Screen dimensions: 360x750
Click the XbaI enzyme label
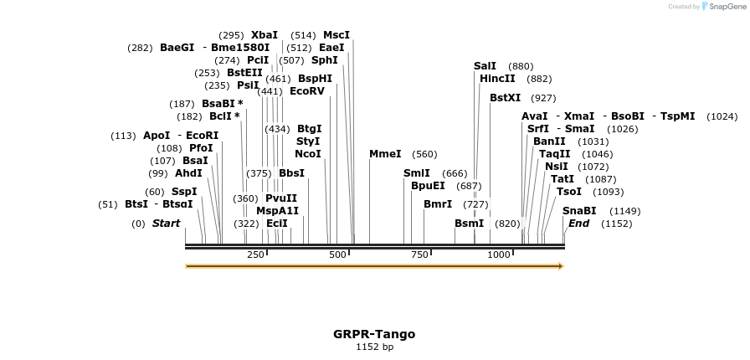pos(265,35)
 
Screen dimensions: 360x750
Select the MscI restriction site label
pos(336,35)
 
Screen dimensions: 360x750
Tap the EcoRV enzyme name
pos(306,91)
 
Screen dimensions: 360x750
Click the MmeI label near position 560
pos(385,154)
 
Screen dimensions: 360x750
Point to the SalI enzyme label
pos(485,66)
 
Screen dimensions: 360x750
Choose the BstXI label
pos(506,98)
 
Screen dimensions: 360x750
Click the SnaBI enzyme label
pos(579,211)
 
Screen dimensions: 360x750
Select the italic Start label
pos(166,224)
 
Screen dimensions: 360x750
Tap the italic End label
pos(578,224)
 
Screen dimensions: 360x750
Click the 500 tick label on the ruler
pos(337,255)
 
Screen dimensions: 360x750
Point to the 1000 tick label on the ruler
pos(499,255)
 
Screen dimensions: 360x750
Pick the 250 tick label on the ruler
pos(255,255)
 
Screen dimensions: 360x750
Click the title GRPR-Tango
pos(374,334)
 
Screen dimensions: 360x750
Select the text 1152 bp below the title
pos(374,347)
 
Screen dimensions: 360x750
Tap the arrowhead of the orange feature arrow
pos(561,266)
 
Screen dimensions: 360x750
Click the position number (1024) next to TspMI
pos(722,116)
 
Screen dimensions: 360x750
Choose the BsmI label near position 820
pos(469,224)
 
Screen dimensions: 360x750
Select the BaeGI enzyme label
pos(177,48)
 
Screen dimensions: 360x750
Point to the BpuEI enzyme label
pos(428,186)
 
